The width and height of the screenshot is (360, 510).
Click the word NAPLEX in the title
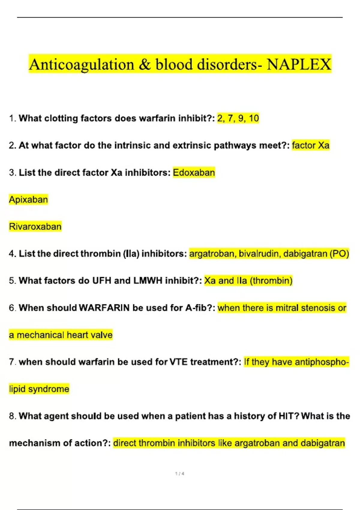tap(299, 64)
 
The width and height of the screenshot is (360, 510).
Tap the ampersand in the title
tap(145, 64)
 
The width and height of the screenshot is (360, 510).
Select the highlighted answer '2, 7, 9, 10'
tap(238, 118)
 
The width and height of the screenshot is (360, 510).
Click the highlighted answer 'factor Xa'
tap(310, 145)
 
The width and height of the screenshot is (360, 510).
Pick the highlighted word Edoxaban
tap(194, 172)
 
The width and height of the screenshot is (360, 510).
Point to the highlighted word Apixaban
tap(28, 199)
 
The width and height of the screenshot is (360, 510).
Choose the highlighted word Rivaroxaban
tap(35, 226)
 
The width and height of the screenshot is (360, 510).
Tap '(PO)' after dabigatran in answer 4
tap(339, 254)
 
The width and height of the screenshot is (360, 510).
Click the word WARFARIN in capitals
tap(104, 308)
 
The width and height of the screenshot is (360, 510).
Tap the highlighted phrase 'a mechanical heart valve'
tap(61, 335)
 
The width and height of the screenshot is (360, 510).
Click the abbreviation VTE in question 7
tap(179, 362)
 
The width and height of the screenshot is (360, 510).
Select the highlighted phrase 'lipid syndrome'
tap(39, 389)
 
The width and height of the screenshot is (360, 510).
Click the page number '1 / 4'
tap(180, 474)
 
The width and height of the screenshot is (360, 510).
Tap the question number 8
tap(12, 416)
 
